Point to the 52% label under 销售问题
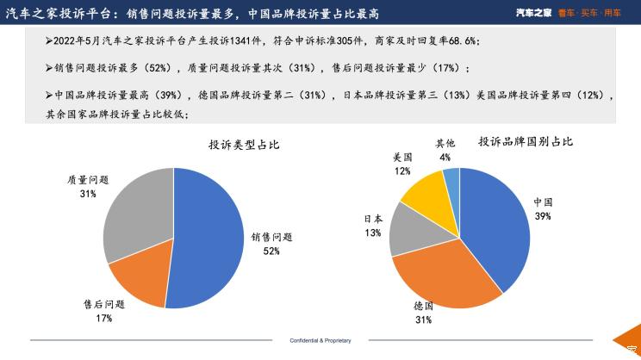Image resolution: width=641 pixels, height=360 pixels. coord(272,251)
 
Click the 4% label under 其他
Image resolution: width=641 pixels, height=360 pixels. coord(445,158)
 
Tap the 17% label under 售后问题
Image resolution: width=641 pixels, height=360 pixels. coord(104,318)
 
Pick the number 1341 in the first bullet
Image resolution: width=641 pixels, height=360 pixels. coord(243,41)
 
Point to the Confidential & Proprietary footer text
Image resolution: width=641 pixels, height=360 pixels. coord(320,341)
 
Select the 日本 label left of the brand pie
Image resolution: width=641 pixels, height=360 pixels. coord(372,220)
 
